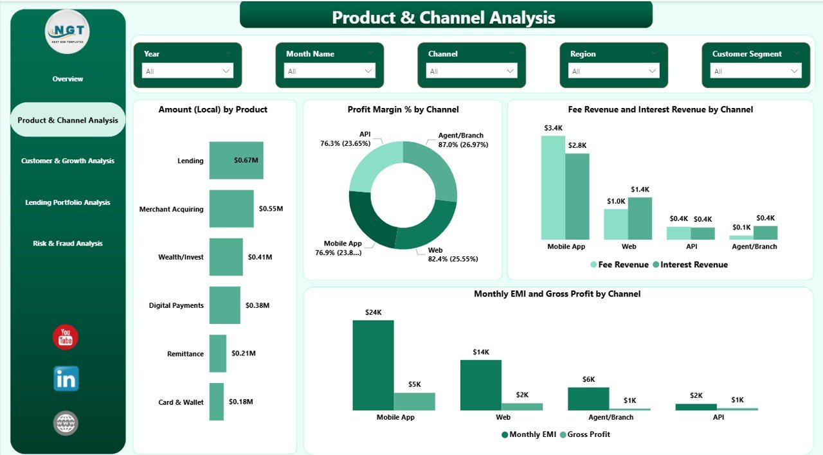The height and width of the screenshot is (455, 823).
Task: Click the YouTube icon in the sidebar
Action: (x=66, y=337)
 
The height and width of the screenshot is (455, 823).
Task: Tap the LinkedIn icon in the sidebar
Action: (x=66, y=379)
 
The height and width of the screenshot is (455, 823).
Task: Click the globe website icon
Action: (x=66, y=423)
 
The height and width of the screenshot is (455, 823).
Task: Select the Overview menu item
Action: (x=68, y=79)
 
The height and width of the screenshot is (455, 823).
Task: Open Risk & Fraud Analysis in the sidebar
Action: (x=68, y=244)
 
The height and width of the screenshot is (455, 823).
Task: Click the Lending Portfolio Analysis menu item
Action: (x=68, y=202)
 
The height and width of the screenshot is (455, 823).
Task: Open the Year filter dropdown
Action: (x=188, y=71)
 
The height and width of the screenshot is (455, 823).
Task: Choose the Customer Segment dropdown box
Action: (x=756, y=71)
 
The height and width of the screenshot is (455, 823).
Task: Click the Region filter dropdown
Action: (x=614, y=71)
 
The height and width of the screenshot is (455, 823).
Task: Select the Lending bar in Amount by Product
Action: (x=235, y=161)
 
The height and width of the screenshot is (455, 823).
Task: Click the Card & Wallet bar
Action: (x=216, y=402)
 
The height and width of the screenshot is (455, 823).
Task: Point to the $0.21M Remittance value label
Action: (x=243, y=353)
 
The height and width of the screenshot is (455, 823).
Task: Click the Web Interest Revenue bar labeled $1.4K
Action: (x=640, y=219)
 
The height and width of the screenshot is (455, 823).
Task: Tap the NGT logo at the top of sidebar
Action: (x=68, y=31)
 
